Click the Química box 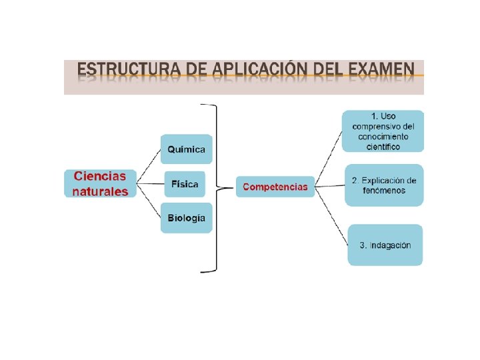(186, 149)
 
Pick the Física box (185, 184)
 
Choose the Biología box (186, 218)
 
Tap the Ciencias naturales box (100, 183)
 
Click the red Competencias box (275, 187)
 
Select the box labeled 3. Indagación (385, 245)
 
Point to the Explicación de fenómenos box (384, 185)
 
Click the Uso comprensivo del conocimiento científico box (383, 131)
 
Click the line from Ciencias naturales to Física (151, 184)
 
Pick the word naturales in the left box (100, 191)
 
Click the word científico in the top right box (383, 147)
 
